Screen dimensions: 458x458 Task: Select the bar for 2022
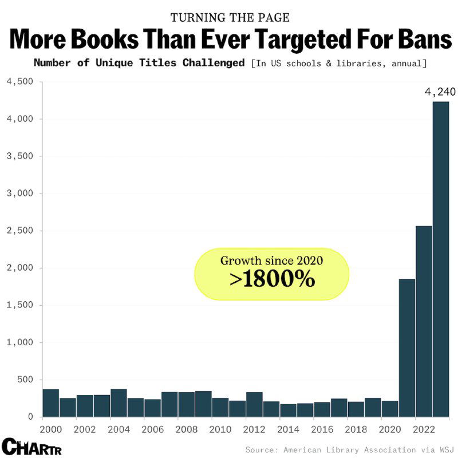click(x=424, y=321)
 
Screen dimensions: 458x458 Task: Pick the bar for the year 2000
click(x=51, y=403)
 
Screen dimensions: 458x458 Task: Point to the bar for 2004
click(x=119, y=403)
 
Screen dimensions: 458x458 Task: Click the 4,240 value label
click(x=440, y=91)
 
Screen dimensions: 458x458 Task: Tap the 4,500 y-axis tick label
click(x=20, y=82)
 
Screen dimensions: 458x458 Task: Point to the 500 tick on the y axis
click(x=25, y=380)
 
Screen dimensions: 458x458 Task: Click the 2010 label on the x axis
click(x=220, y=428)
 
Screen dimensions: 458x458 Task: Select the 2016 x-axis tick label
click(x=322, y=428)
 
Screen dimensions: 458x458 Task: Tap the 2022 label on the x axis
click(x=424, y=428)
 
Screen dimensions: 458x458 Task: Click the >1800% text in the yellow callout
click(x=272, y=279)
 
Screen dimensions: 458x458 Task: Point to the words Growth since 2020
click(x=272, y=260)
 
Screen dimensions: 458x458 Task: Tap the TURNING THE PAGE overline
click(x=229, y=17)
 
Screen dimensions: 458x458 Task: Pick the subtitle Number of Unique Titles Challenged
click(x=139, y=62)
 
